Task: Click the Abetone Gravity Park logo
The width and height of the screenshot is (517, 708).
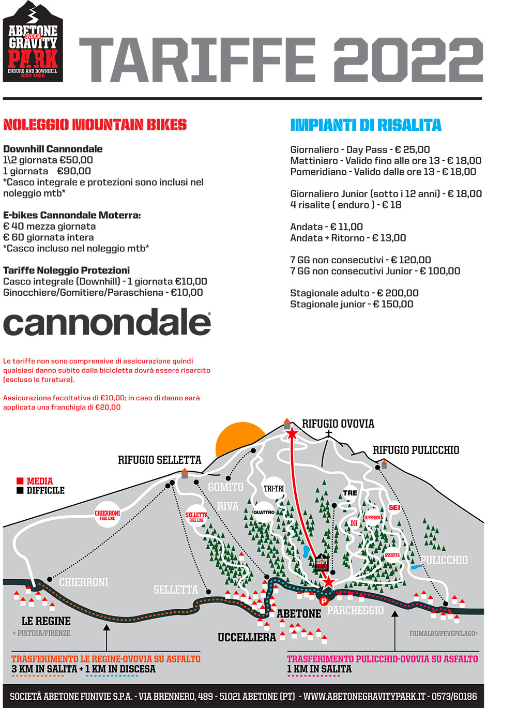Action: point(33,42)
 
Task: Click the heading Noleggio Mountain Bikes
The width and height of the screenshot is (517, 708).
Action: point(95,125)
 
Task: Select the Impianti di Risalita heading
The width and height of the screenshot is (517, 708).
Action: point(366,125)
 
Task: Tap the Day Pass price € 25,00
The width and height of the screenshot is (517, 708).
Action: point(412,149)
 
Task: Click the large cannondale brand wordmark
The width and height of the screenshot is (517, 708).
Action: point(107,323)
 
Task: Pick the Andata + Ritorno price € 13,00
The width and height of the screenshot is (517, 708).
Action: point(389,238)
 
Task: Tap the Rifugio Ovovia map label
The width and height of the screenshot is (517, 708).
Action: point(338,424)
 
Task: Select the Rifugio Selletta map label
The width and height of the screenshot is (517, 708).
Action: point(159,460)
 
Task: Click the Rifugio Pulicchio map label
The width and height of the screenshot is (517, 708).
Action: point(416,450)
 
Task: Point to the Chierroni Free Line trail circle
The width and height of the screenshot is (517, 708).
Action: point(107,515)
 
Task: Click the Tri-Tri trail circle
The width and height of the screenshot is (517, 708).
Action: point(274,488)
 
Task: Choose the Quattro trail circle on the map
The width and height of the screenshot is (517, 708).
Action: point(264,512)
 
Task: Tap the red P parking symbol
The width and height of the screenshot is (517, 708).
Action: point(324,601)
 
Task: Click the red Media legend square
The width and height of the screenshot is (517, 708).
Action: point(20,481)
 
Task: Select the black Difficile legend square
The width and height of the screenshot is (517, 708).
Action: point(20,490)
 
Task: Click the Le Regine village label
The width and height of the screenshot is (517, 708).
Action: point(46,621)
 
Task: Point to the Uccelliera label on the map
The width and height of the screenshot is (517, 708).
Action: point(247,637)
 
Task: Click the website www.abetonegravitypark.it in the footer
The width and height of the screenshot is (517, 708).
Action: point(365,697)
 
